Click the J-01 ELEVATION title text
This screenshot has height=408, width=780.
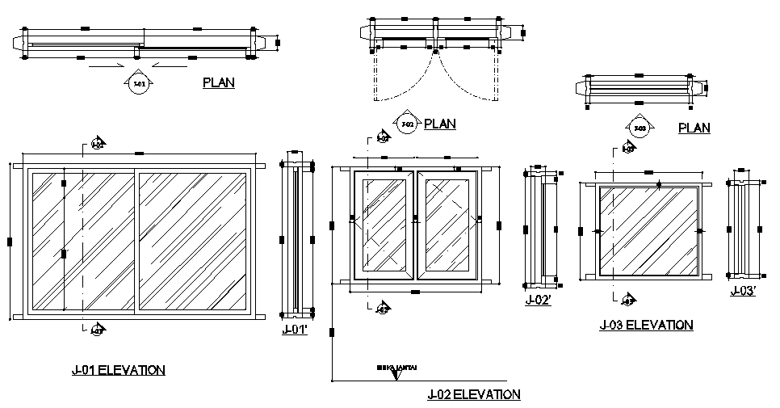(118, 371)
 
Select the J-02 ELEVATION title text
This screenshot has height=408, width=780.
(474, 395)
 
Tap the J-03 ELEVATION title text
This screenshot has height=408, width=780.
(646, 326)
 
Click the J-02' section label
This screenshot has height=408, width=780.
(539, 300)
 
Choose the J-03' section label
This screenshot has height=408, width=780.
(743, 292)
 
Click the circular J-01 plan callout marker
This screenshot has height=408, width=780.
(138, 84)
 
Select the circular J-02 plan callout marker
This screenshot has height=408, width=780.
(407, 124)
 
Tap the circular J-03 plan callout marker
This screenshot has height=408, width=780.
(640, 128)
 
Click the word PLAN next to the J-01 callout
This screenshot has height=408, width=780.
(219, 82)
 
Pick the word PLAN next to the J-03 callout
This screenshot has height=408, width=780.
(694, 128)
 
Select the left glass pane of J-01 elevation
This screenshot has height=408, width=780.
(81, 240)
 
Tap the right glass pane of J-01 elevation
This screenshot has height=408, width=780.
(193, 240)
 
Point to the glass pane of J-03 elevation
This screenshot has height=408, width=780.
(648, 230)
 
